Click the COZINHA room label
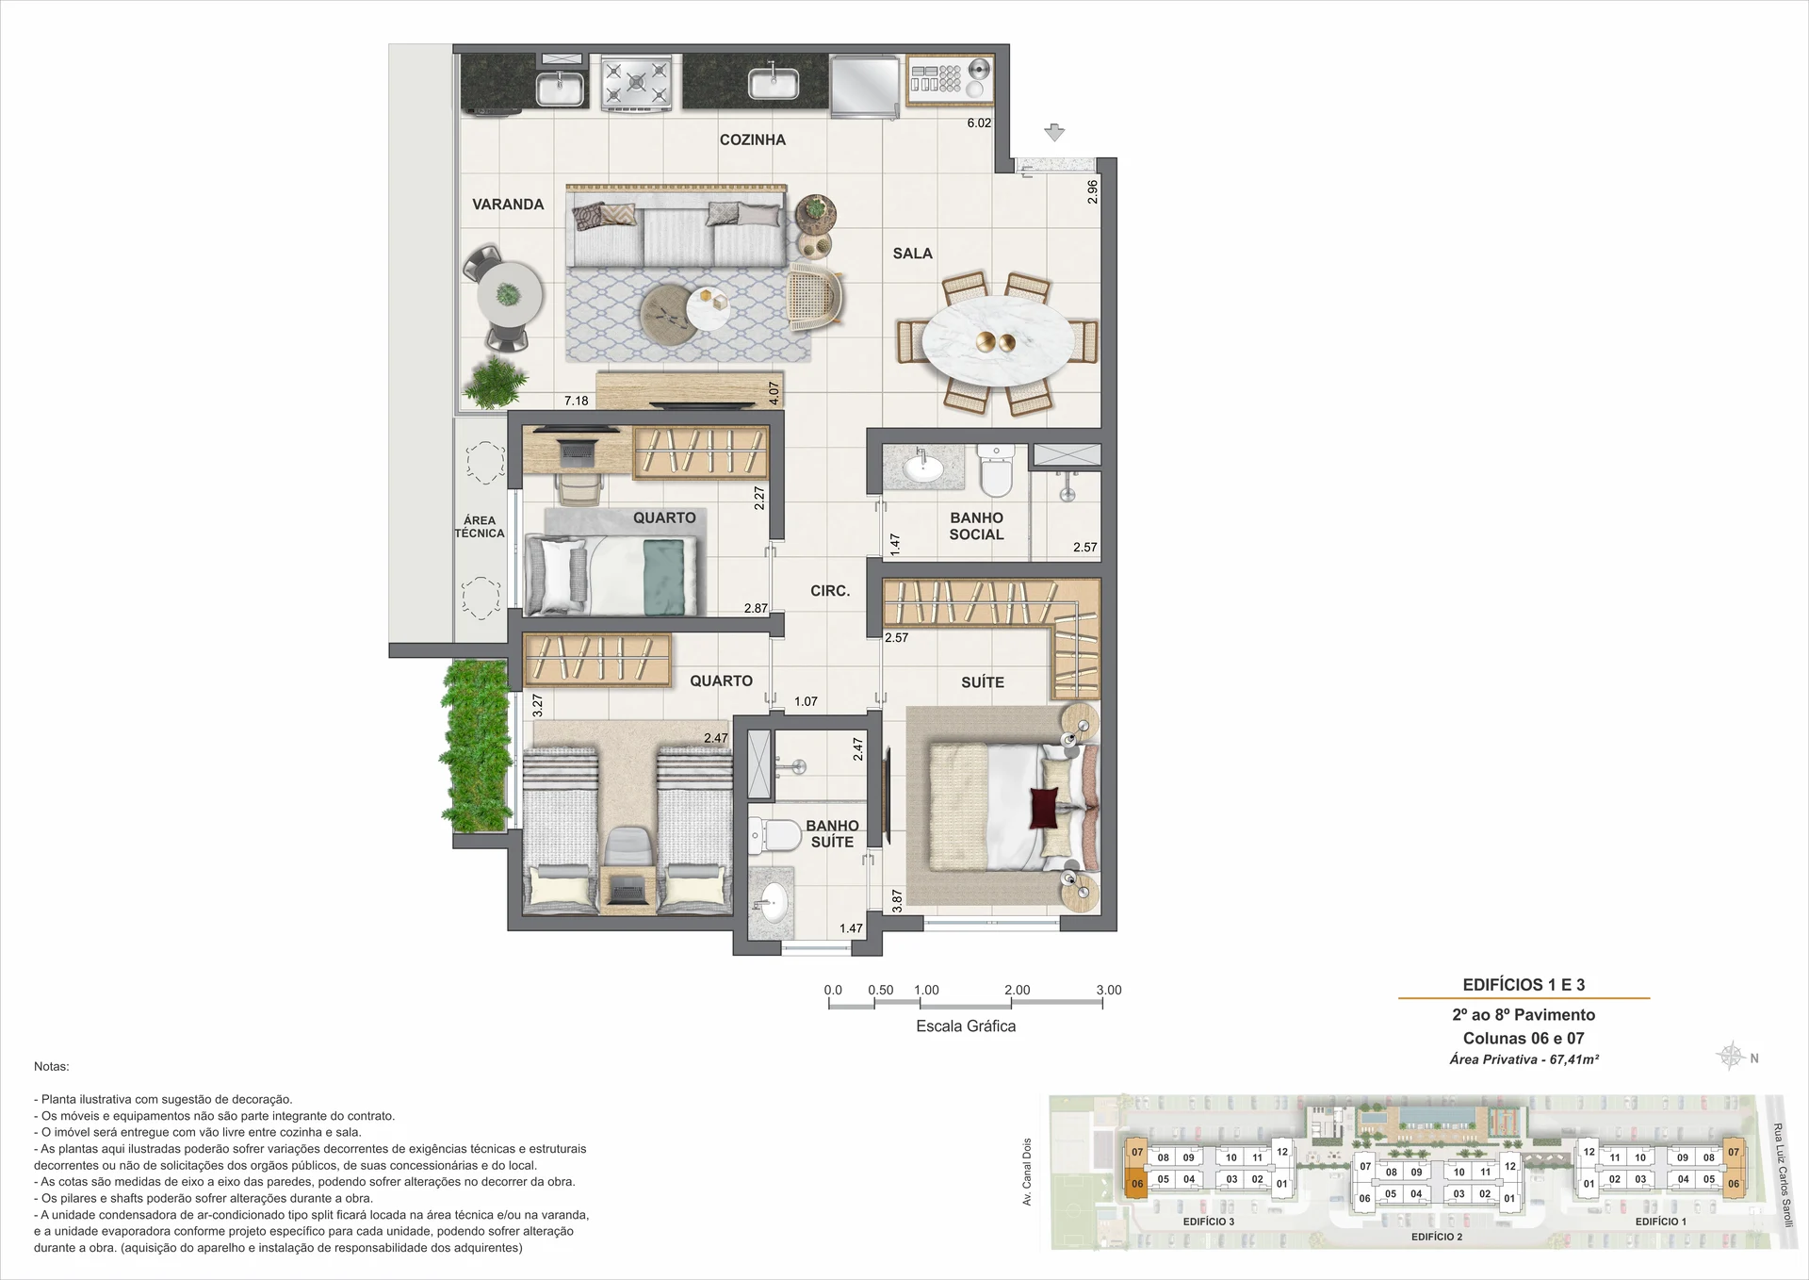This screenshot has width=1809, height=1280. pos(752,139)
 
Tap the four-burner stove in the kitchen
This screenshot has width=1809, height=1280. pos(637,82)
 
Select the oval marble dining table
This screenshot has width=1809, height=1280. pos(996,342)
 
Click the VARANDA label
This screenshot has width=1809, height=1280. pos(508,205)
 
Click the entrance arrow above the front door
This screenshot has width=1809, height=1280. pos(1054,133)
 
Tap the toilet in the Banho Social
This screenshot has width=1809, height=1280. pos(995,471)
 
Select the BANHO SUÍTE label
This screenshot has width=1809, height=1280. pos(832,834)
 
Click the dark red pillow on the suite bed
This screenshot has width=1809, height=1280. pos(1044,808)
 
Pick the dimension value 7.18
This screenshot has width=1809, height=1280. pos(576,401)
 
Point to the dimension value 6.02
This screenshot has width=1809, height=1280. pos(979,123)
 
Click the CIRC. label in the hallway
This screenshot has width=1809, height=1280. pos(830,591)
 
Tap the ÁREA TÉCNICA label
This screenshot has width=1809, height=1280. pos(480,527)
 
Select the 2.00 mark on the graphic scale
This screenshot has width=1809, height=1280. pos(1017,990)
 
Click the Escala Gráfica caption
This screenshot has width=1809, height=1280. pos(966,1026)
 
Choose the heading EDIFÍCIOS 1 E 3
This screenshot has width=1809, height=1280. pos(1524,985)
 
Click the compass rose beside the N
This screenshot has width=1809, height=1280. pos(1731,1057)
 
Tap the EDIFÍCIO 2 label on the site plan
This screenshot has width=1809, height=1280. pos(1437,1237)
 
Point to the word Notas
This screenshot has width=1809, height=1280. pos(52,1067)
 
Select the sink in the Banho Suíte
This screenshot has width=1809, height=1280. pos(773,903)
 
